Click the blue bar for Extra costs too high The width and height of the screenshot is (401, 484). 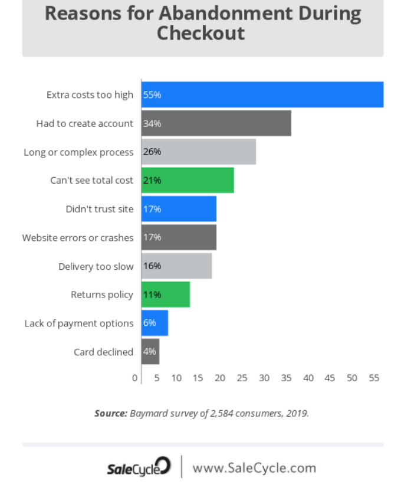[x=262, y=94]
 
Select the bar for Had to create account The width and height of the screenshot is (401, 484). [x=216, y=123]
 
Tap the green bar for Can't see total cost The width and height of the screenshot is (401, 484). [x=188, y=180]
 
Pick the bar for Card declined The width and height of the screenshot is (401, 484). [x=150, y=352]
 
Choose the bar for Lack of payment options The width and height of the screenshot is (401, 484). [x=155, y=323]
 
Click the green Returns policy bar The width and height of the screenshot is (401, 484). [x=166, y=295]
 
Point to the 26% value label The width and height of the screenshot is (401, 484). [x=152, y=152]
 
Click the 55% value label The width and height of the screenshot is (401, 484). [x=152, y=95]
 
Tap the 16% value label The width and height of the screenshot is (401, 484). [x=152, y=266]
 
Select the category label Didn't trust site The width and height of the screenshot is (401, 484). [x=100, y=209]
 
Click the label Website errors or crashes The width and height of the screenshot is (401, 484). [x=78, y=237]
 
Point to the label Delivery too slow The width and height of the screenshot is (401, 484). [x=96, y=266]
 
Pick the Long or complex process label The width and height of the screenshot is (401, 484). [x=78, y=152]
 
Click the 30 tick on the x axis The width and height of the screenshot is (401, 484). [x=264, y=378]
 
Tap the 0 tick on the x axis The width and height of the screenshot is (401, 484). [x=135, y=378]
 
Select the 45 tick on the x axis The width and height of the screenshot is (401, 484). [x=330, y=378]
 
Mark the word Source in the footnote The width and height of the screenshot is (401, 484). [x=110, y=413]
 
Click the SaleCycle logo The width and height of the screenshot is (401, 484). [x=139, y=468]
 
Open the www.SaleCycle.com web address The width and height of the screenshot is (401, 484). [x=254, y=468]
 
